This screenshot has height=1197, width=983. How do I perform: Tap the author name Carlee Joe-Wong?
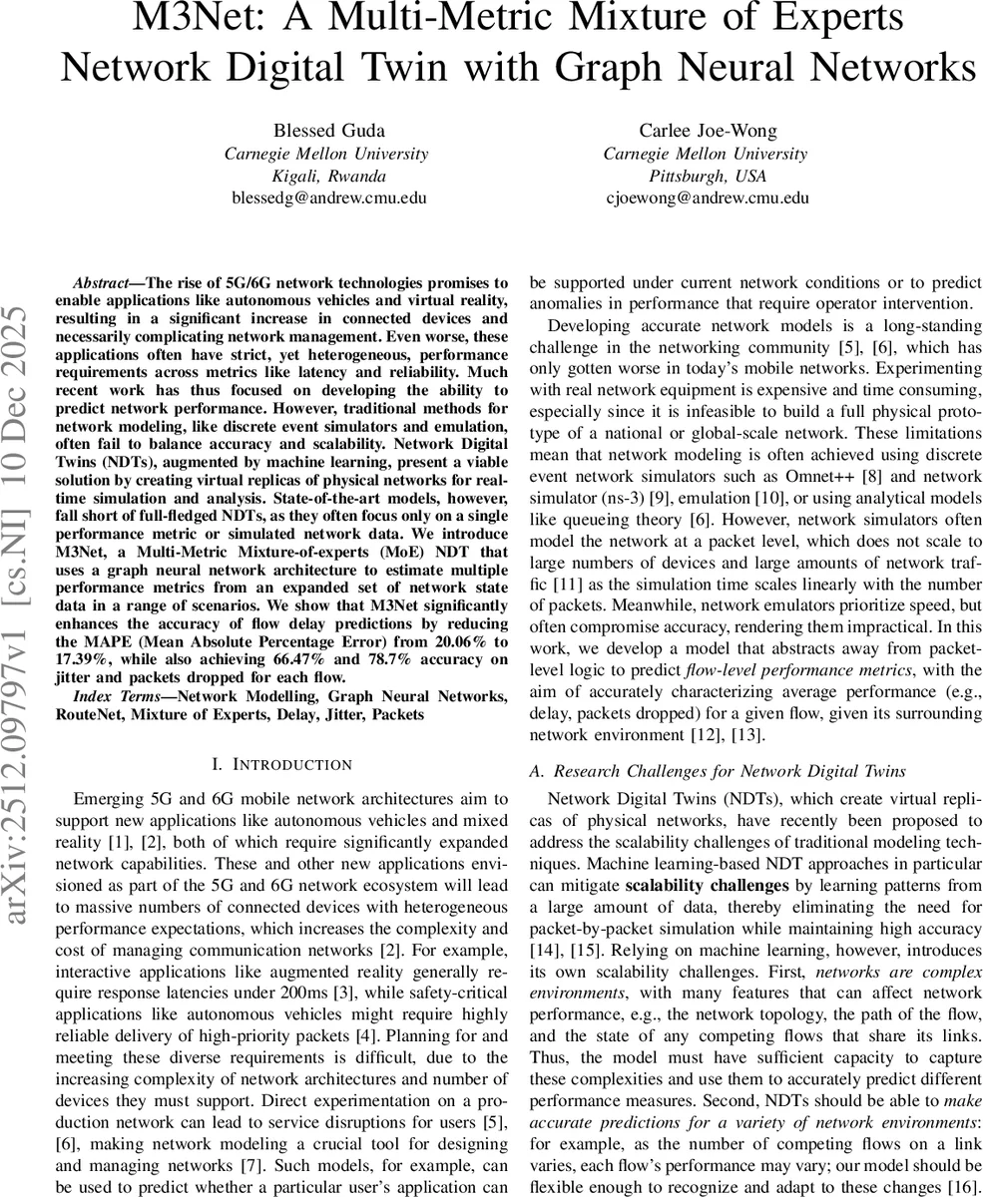(x=706, y=130)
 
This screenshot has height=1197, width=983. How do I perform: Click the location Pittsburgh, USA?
(x=706, y=176)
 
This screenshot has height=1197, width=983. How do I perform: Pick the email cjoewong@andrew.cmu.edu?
(x=708, y=198)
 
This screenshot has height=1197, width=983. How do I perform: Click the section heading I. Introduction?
(x=282, y=765)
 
